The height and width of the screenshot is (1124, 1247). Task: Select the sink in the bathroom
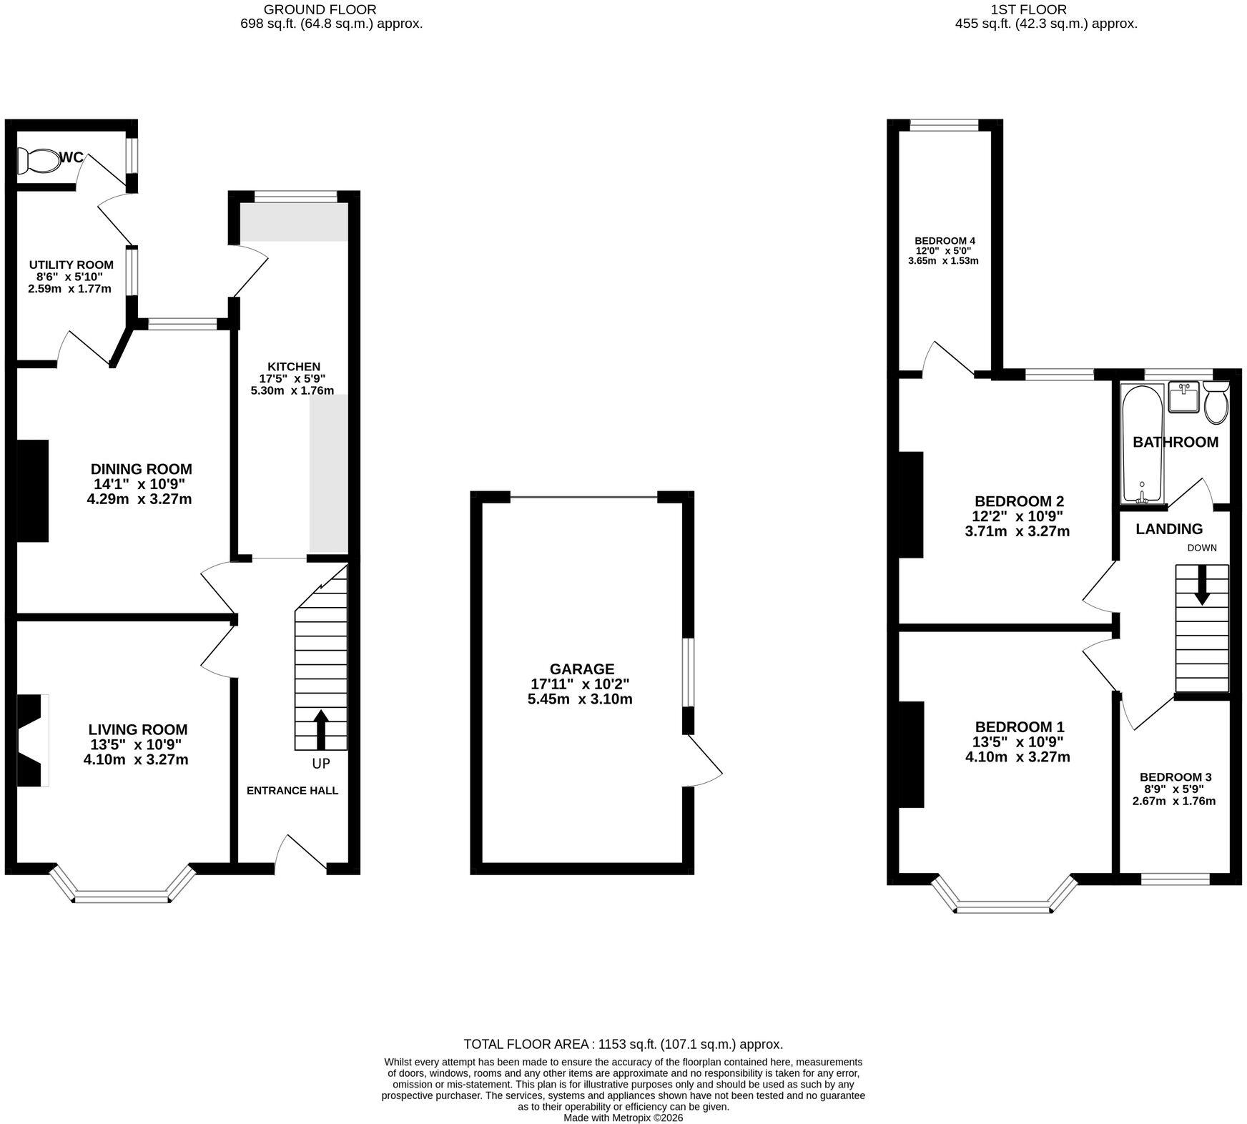click(1184, 398)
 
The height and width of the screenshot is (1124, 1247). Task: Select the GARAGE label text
click(581, 669)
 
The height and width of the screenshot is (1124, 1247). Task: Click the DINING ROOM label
click(141, 469)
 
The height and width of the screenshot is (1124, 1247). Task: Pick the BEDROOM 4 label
click(945, 241)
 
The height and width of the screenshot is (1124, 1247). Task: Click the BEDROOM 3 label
click(1175, 777)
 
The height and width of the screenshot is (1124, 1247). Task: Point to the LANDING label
click(1169, 529)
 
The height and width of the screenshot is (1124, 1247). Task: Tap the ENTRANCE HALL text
click(292, 791)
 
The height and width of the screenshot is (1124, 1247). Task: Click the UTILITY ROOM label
click(72, 265)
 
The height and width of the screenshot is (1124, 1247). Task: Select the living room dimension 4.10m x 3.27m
click(136, 759)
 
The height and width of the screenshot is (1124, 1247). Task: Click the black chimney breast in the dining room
click(32, 490)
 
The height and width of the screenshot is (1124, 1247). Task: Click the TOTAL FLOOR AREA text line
click(623, 1044)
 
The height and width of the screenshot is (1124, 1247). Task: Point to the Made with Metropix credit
click(623, 1118)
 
